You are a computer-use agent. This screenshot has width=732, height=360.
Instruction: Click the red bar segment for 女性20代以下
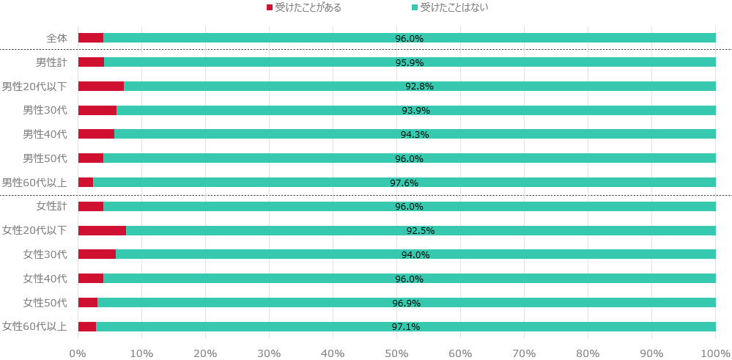click(102, 230)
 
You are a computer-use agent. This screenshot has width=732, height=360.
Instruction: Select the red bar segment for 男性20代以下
click(101, 86)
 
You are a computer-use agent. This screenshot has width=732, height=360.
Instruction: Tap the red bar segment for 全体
click(91, 38)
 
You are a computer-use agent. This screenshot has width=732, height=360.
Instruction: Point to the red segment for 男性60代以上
click(86, 182)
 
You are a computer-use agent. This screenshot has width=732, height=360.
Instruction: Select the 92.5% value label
click(421, 231)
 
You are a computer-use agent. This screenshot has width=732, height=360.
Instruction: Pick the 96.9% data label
click(407, 303)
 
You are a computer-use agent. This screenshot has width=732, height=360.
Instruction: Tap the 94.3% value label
click(415, 135)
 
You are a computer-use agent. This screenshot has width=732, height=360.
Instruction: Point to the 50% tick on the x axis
click(396, 353)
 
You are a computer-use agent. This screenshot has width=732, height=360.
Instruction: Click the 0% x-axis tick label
click(78, 353)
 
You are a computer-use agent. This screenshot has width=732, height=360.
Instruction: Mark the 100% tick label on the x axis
click(715, 353)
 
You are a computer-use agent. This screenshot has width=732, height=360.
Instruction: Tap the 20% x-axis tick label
click(205, 353)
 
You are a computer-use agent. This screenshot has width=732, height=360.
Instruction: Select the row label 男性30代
click(45, 110)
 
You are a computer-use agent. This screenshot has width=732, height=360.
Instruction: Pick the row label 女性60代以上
click(34, 326)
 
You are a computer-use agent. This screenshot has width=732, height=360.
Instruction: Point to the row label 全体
click(56, 38)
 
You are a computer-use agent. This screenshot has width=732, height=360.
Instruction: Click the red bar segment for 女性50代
click(88, 302)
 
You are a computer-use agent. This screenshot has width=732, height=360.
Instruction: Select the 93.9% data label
click(415, 111)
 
